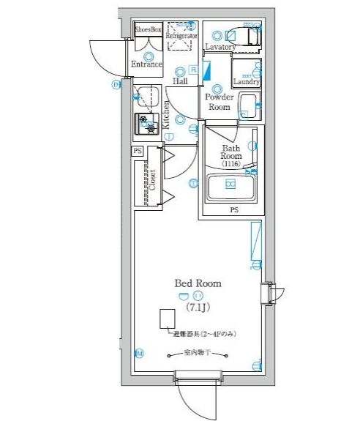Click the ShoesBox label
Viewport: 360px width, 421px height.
pyautogui.click(x=147, y=31)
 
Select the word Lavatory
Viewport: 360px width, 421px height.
pyautogui.click(x=220, y=47)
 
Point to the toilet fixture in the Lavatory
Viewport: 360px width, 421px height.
pyautogui.click(x=244, y=35)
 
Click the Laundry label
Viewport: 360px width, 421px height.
pyautogui.click(x=247, y=81)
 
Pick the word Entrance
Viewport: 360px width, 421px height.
pyautogui.click(x=146, y=64)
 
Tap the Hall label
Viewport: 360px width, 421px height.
pyautogui.click(x=181, y=81)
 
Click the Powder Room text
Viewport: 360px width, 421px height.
pyautogui.click(x=218, y=102)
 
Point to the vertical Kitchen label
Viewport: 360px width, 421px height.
pyautogui.click(x=166, y=114)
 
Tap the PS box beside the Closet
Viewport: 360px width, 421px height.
pyautogui.click(x=137, y=151)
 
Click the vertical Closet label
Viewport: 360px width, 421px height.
pyautogui.click(x=153, y=179)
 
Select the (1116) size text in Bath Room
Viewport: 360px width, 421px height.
pyautogui.click(x=231, y=165)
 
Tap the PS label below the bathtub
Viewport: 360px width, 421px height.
pyautogui.click(x=233, y=210)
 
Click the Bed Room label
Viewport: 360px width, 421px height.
pyautogui.click(x=197, y=283)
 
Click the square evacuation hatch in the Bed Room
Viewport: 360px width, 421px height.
pyautogui.click(x=168, y=318)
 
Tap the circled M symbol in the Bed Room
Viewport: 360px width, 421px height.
pyautogui.click(x=139, y=354)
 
